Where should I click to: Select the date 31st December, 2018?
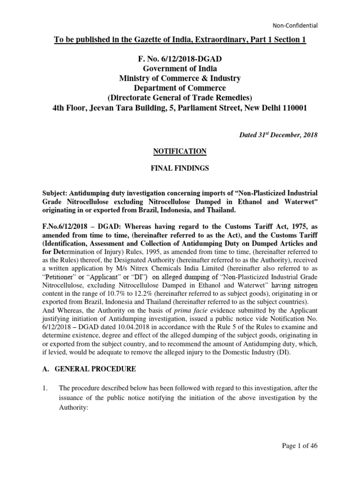(286, 135)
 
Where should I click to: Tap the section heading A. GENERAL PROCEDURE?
(89, 369)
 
